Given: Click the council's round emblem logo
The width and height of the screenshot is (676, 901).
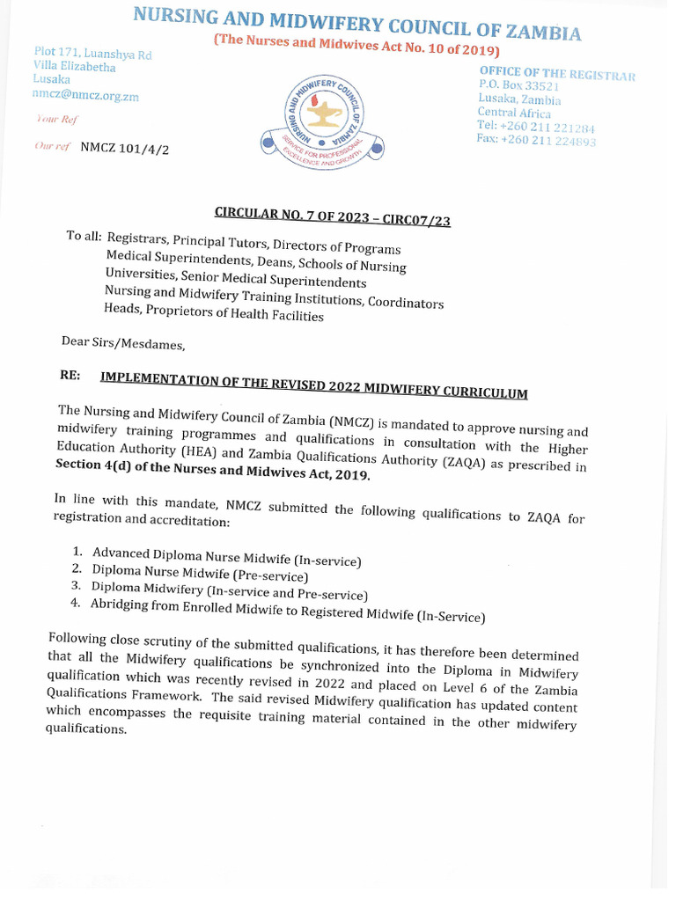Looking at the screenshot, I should [x=321, y=114].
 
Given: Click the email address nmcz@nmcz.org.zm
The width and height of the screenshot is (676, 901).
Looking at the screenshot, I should [x=85, y=96].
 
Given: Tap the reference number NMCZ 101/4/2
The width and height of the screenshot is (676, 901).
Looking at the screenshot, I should [x=125, y=148].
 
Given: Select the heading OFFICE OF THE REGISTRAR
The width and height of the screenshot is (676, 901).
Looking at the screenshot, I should [x=556, y=74].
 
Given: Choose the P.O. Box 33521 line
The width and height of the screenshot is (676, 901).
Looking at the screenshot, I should [x=520, y=86].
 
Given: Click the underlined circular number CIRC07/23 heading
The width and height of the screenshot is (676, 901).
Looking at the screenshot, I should [x=333, y=215].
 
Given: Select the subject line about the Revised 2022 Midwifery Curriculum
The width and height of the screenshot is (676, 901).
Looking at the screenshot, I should [x=313, y=385].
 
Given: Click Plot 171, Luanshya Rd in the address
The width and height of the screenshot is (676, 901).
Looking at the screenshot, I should [x=93, y=55].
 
